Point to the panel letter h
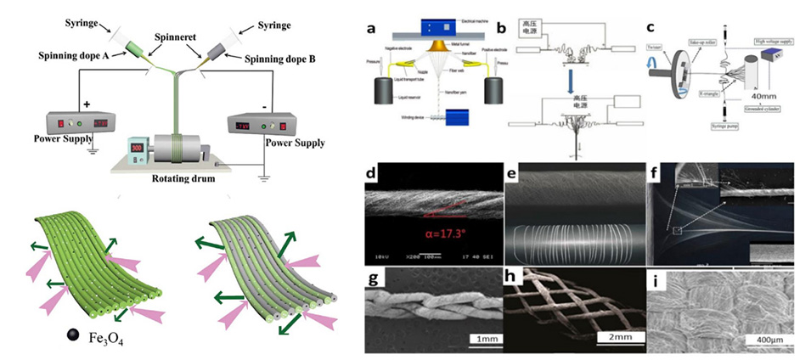coord(511,280)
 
